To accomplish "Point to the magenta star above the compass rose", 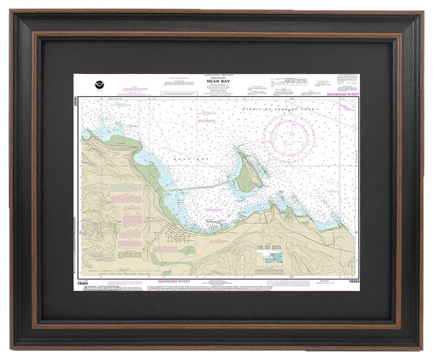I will (x=288, y=115).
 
